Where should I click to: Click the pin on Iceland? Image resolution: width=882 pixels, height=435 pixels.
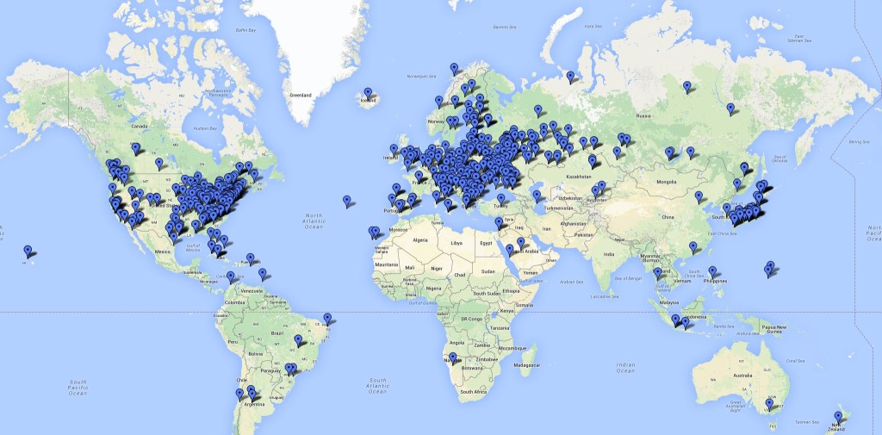(x=368, y=93)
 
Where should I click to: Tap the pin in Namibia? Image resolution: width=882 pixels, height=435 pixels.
(x=452, y=357)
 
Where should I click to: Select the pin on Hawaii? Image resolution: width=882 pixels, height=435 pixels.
(x=28, y=251)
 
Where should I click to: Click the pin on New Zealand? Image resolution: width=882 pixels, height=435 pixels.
(x=837, y=417)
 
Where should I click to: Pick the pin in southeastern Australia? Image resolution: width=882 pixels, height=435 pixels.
(x=769, y=403)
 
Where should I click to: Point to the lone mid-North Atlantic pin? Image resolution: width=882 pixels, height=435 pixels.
(x=347, y=201)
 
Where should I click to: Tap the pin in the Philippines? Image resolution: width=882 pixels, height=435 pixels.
(x=712, y=272)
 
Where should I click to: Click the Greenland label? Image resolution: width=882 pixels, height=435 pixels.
(x=300, y=95)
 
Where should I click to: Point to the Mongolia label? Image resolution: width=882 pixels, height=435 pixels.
(x=667, y=183)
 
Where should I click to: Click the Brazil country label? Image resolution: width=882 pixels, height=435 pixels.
(x=277, y=332)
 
